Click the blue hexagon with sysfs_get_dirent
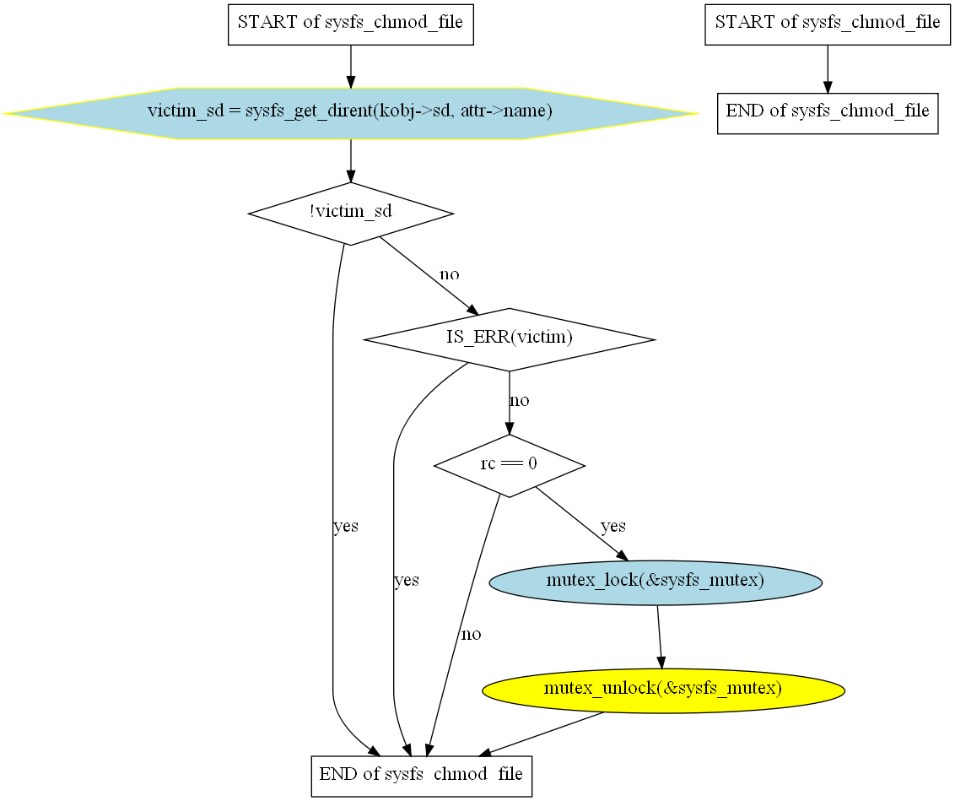pos(350,112)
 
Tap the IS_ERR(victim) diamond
pos(509,339)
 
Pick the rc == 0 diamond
pos(509,465)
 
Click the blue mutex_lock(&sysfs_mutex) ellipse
pos(656,582)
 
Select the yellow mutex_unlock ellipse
pos(663,690)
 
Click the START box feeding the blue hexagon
pos(350,23)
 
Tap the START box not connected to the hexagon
pos(827,23)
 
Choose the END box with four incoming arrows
pos(421,774)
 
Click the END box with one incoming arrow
pos(827,112)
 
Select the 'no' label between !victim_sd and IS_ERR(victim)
pos(450,275)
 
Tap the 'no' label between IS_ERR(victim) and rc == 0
pos(520,400)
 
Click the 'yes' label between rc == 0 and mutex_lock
pos(613,527)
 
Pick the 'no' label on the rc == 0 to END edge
pos(471,634)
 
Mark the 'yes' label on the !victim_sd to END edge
pos(346,527)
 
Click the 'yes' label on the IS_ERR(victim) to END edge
pos(407,581)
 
